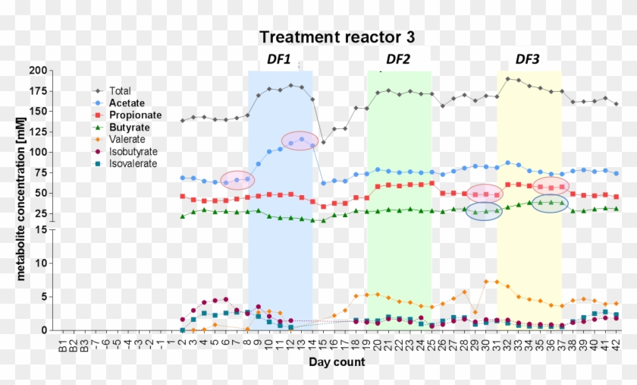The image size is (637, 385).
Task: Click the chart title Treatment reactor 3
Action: pyautogui.click(x=337, y=37)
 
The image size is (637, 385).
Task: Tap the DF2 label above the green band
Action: pyautogui.click(x=398, y=59)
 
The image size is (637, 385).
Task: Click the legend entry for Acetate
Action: pyautogui.click(x=126, y=103)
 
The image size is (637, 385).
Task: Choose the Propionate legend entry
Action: pyautogui.click(x=132, y=115)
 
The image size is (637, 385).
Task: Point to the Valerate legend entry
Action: pyautogui.click(x=127, y=140)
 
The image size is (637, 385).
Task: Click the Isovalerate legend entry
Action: pyautogui.click(x=132, y=165)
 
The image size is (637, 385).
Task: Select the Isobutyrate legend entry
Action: pyautogui.click(x=132, y=153)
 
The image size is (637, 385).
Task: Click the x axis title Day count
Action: pyautogui.click(x=337, y=363)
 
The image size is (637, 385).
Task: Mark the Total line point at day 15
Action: pyautogui.click(x=323, y=143)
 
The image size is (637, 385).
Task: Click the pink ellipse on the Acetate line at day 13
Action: pyautogui.click(x=301, y=140)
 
